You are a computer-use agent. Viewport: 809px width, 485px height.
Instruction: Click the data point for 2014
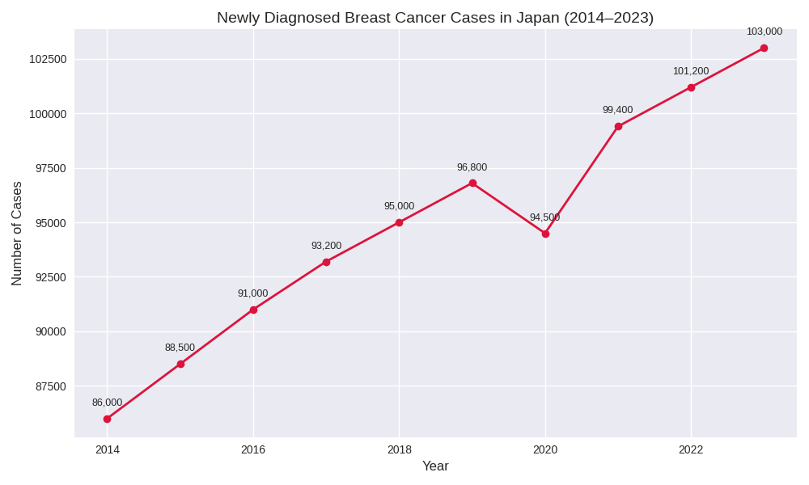tap(107, 419)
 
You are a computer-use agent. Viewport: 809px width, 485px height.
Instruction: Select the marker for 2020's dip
tap(545, 234)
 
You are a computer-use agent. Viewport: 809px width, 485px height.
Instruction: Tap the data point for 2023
tap(764, 48)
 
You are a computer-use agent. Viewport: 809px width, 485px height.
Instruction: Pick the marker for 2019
tap(472, 183)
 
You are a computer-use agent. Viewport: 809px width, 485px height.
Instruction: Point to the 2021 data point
tap(618, 126)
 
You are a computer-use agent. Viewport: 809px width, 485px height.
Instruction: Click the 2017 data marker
tap(326, 262)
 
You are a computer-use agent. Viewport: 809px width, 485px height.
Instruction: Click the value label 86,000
tap(107, 403)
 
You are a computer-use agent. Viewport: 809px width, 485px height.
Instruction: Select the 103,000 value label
tap(764, 32)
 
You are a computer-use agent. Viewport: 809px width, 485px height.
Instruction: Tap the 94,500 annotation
tap(544, 217)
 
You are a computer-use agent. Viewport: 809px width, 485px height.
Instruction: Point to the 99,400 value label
tap(617, 110)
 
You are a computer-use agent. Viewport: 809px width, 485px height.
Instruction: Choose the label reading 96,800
tap(472, 167)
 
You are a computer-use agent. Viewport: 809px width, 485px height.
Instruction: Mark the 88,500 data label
tap(180, 348)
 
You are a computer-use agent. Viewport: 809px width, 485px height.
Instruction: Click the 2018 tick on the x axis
tap(399, 450)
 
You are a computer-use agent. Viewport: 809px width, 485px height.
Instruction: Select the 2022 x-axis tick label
tap(691, 450)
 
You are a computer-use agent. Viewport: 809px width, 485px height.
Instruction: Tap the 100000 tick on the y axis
tap(48, 114)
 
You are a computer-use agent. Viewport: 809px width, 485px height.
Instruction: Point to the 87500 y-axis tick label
tap(51, 386)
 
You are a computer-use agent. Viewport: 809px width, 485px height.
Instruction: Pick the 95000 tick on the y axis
tap(51, 223)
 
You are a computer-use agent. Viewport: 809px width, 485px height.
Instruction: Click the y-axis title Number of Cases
tap(17, 234)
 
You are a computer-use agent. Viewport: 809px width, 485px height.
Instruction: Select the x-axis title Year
tap(435, 466)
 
